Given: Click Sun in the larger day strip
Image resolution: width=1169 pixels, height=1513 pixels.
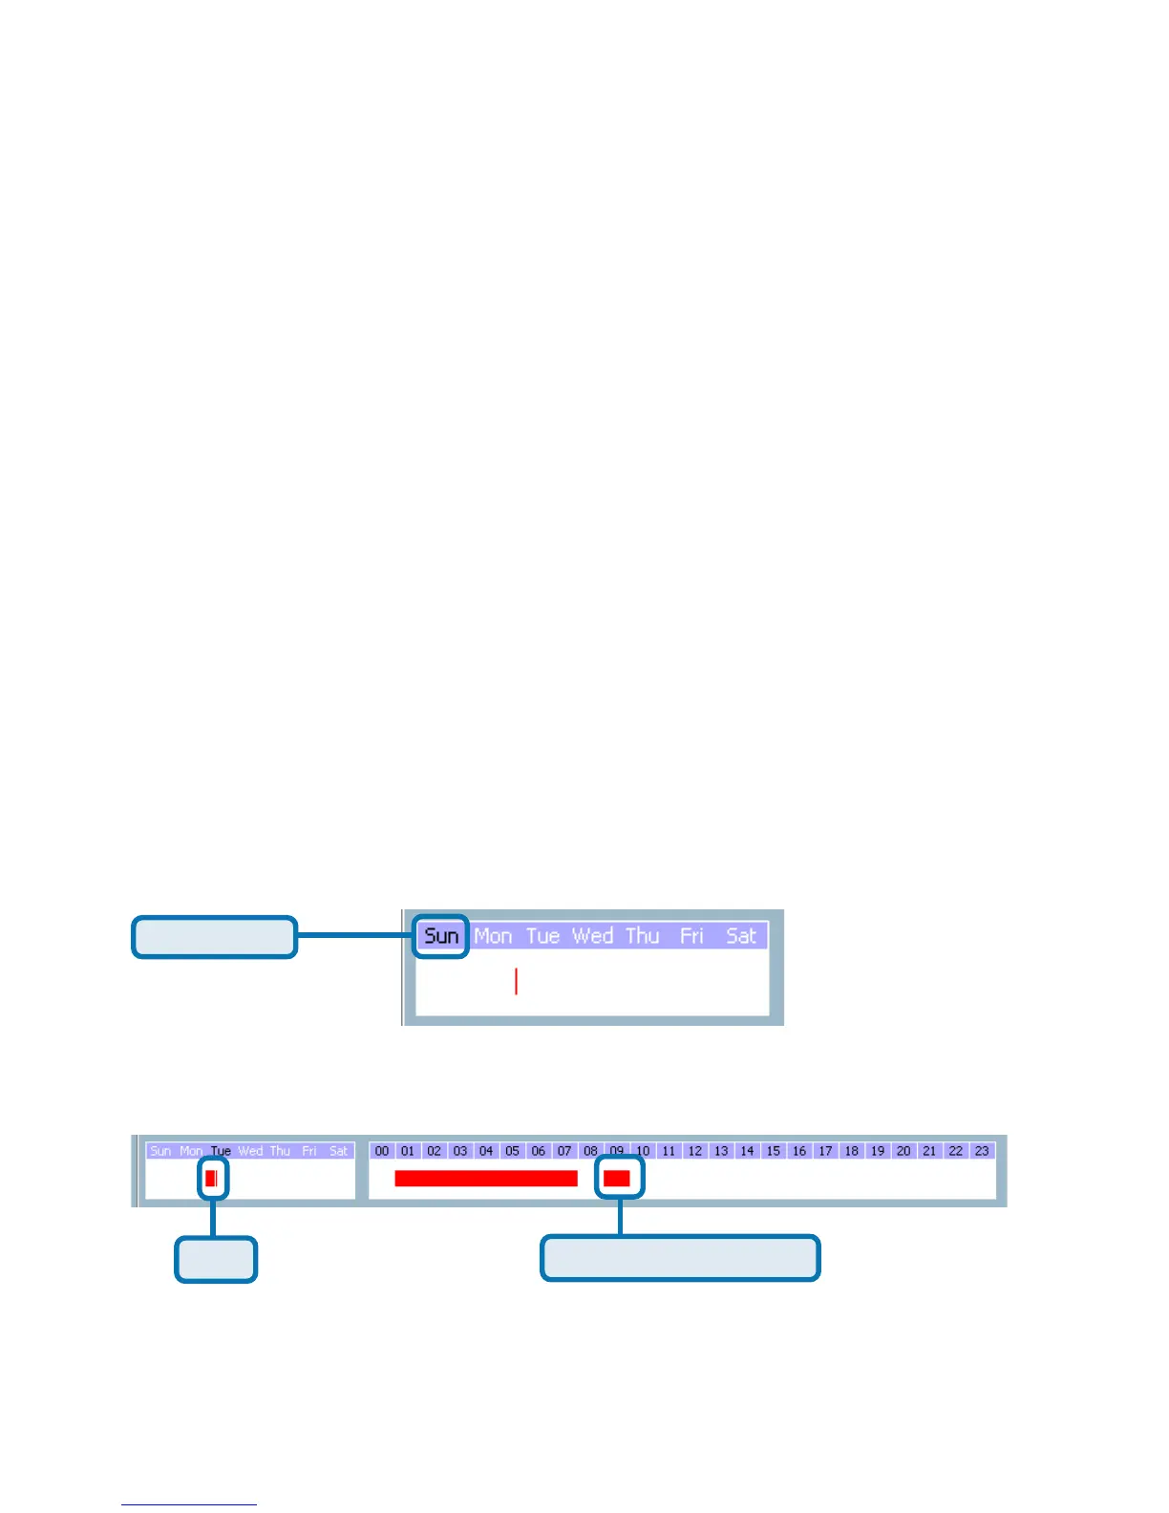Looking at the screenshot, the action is coord(441,936).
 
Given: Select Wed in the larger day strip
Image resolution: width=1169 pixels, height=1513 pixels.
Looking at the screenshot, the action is coord(592,936).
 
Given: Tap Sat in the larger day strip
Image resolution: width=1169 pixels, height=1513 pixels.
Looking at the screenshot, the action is coord(740,936).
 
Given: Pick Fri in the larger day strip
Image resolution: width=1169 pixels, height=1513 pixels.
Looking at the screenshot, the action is coord(691,936).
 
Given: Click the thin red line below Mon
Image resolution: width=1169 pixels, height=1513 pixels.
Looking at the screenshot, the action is coord(516,981).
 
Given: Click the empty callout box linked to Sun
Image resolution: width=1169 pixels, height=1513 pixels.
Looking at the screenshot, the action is coord(214,937).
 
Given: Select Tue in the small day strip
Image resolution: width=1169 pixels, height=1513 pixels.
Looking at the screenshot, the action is coord(221,1151).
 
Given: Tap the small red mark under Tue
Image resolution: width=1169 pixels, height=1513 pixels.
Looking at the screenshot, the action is coord(211,1179).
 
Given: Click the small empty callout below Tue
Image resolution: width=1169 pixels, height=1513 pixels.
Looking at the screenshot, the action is coord(216,1259).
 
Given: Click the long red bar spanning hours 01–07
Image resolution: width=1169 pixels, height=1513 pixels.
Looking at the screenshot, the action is coord(486,1179).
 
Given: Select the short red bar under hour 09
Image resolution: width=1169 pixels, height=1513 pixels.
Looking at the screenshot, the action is coord(617,1179).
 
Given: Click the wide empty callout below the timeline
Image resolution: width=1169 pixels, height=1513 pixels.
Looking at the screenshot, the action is coord(680,1258).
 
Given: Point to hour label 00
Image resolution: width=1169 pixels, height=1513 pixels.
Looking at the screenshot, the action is coord(382,1151).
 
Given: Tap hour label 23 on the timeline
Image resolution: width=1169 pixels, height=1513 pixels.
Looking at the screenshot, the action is coord(982,1151).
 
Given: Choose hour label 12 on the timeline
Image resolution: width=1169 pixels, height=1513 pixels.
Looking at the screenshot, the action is coord(695,1151).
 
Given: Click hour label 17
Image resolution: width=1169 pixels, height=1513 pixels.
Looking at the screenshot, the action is coord(825,1151).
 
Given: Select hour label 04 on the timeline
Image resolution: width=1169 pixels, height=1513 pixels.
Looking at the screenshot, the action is coord(486,1151).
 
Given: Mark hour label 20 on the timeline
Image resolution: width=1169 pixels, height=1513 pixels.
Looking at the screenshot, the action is coord(903,1151).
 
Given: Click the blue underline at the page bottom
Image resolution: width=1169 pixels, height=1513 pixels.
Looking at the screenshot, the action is coord(189,1504).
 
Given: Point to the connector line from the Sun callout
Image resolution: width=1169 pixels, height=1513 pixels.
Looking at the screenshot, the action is coord(353,936).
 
